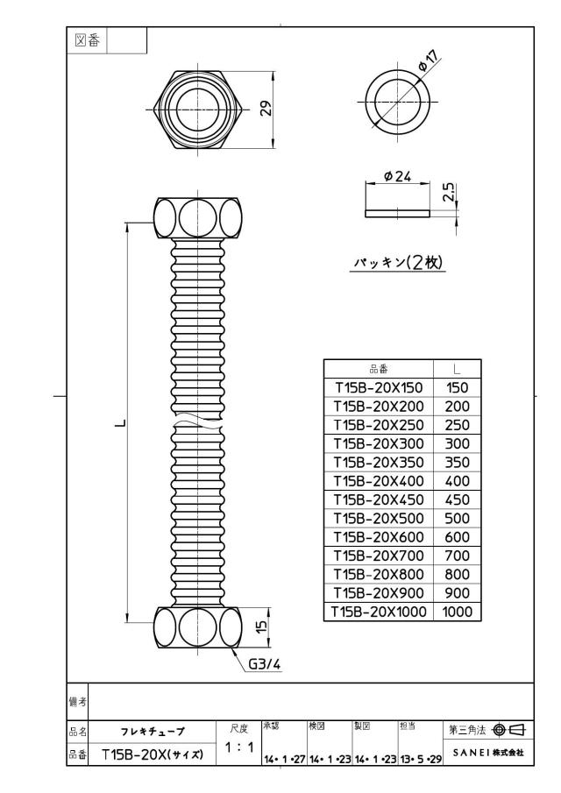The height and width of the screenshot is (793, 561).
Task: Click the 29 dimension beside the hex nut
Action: (266, 109)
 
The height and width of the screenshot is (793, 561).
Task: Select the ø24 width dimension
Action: (397, 176)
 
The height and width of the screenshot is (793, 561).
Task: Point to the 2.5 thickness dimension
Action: (449, 193)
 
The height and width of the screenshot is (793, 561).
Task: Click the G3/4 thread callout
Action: (264, 664)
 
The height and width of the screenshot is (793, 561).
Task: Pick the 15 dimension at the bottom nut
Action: (261, 627)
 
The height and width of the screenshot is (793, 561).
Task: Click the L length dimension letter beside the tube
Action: (119, 422)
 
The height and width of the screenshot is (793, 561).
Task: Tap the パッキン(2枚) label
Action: (398, 262)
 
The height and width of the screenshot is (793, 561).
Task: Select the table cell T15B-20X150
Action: (379, 387)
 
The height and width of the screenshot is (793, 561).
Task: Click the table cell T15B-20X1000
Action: (379, 612)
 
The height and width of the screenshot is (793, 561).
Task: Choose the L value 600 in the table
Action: (457, 537)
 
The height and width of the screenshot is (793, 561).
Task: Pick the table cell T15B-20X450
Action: (379, 499)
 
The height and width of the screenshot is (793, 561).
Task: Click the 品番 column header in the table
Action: (379, 369)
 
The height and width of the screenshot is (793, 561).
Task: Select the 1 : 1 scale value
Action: (238, 747)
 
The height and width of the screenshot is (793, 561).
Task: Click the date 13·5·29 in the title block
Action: (421, 759)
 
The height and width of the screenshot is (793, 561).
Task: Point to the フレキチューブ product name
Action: (153, 732)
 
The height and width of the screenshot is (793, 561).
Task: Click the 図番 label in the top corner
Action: (87, 40)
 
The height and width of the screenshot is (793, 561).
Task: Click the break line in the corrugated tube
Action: (198, 421)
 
